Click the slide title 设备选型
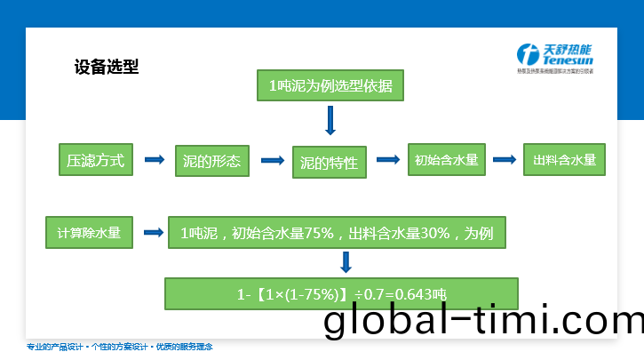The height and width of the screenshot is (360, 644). pyautogui.click(x=106, y=67)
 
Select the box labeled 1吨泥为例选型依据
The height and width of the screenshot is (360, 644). pyautogui.click(x=330, y=86)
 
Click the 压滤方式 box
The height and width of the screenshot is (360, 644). pyautogui.click(x=95, y=161)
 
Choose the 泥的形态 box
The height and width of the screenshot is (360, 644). pyautogui.click(x=212, y=162)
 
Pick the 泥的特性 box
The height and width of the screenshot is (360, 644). pyautogui.click(x=329, y=163)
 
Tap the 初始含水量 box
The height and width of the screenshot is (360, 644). pyautogui.click(x=446, y=161)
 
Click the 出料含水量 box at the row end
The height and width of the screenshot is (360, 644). pyautogui.click(x=564, y=161)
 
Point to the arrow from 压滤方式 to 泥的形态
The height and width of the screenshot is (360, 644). pyautogui.click(x=155, y=160)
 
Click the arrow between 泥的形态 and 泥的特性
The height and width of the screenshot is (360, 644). pyautogui.click(x=271, y=160)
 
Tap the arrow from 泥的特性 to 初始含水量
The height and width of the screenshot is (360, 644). pyautogui.click(x=387, y=160)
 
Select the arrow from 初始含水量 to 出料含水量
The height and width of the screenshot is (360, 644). pyautogui.click(x=505, y=160)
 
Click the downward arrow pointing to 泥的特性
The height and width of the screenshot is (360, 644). pyautogui.click(x=330, y=120)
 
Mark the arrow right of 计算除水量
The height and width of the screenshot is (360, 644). pyautogui.click(x=154, y=233)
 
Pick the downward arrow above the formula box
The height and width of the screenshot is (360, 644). pyautogui.click(x=346, y=262)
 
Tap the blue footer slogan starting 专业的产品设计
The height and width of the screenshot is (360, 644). pyautogui.click(x=120, y=347)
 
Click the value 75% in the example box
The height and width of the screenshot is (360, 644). pyautogui.click(x=318, y=234)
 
